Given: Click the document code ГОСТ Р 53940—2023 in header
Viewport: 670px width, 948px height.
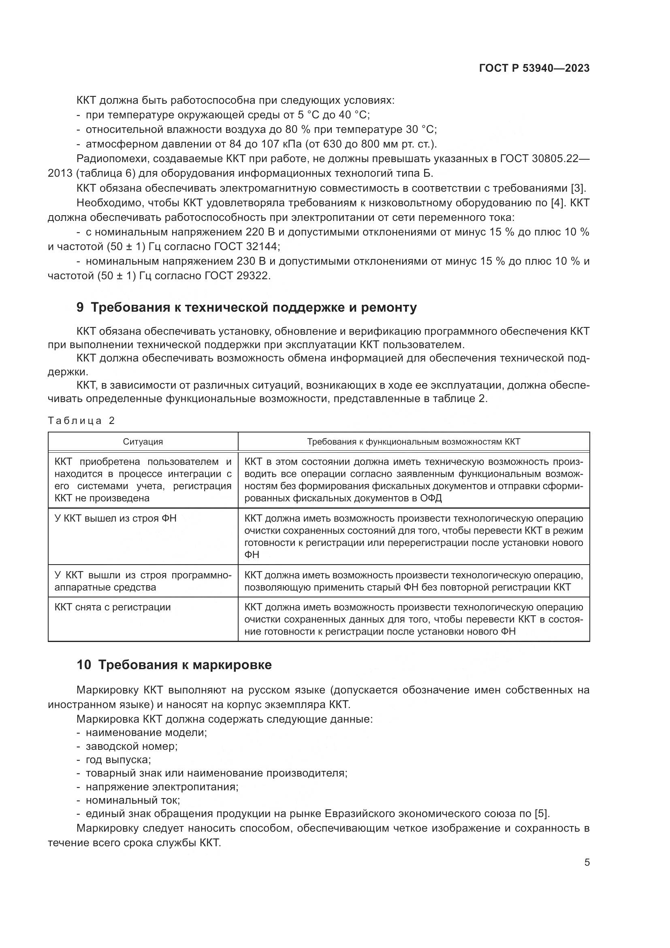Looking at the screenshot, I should point(534,68).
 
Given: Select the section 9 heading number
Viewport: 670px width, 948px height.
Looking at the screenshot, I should point(80,308).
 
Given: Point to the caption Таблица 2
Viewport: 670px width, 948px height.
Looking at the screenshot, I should point(81,421).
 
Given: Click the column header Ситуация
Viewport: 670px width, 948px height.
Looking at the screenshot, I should point(143,442).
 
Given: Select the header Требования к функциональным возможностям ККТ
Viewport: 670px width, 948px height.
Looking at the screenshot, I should point(414,442).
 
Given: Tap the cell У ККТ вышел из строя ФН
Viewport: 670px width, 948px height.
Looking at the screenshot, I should point(115,518).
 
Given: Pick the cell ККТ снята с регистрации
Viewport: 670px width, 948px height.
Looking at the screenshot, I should point(113,607).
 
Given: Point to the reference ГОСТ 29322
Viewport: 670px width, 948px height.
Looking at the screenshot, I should point(238,276).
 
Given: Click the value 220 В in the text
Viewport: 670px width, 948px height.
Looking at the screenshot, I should point(260,232).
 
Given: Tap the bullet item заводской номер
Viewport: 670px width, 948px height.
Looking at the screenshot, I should point(131,747).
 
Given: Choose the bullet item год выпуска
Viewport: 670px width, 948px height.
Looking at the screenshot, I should point(118,760).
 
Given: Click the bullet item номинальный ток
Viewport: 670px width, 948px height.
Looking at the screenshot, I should point(132,800).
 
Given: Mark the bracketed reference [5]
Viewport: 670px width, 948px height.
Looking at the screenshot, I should point(541,814).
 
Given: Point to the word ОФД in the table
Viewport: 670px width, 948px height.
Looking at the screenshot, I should point(431,498).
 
